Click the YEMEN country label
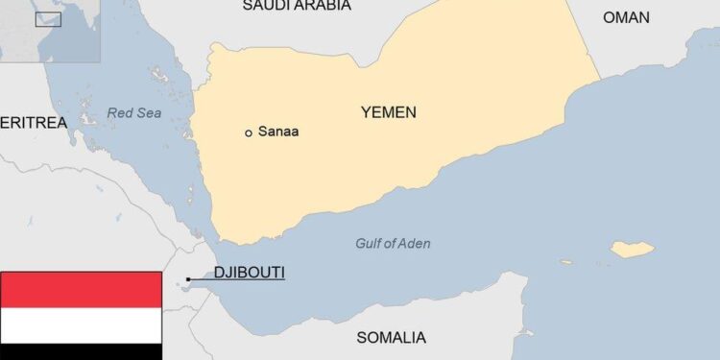[x=388, y=112]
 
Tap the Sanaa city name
[x=277, y=132]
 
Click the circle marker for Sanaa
[x=249, y=132]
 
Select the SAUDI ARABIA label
[x=296, y=6]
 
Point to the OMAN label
[x=626, y=17]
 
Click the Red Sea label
[x=134, y=113]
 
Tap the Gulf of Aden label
[x=393, y=244]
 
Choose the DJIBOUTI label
[x=249, y=273]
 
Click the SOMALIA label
[x=391, y=337]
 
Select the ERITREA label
[x=34, y=123]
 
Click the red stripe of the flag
[x=81, y=289]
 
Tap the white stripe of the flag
[x=81, y=325]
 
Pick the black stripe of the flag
[x=81, y=352]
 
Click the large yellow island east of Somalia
[x=634, y=250]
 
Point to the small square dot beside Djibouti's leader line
[x=188, y=279]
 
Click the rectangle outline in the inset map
[x=48, y=18]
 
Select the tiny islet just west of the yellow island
[x=591, y=260]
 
